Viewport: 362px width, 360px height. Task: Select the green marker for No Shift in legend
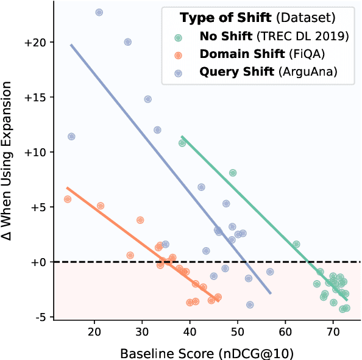click(x=178, y=37)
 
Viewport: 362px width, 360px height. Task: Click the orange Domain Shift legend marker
click(x=178, y=54)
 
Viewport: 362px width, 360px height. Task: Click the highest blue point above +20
click(x=99, y=12)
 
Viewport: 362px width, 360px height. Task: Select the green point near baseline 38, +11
click(x=182, y=143)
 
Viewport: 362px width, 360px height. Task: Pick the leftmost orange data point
click(x=68, y=199)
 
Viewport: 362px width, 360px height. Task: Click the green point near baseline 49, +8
click(x=233, y=173)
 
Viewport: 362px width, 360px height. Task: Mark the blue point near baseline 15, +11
click(x=71, y=136)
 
